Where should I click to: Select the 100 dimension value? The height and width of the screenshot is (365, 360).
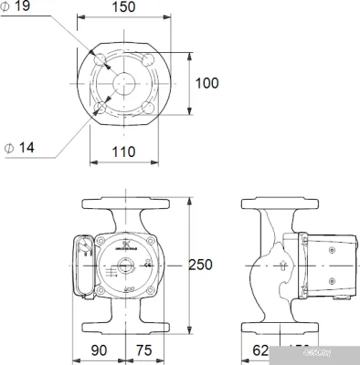click(x=207, y=83)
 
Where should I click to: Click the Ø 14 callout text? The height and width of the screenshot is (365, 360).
click(x=17, y=147)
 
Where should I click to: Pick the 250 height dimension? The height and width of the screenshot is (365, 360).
click(x=199, y=265)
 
